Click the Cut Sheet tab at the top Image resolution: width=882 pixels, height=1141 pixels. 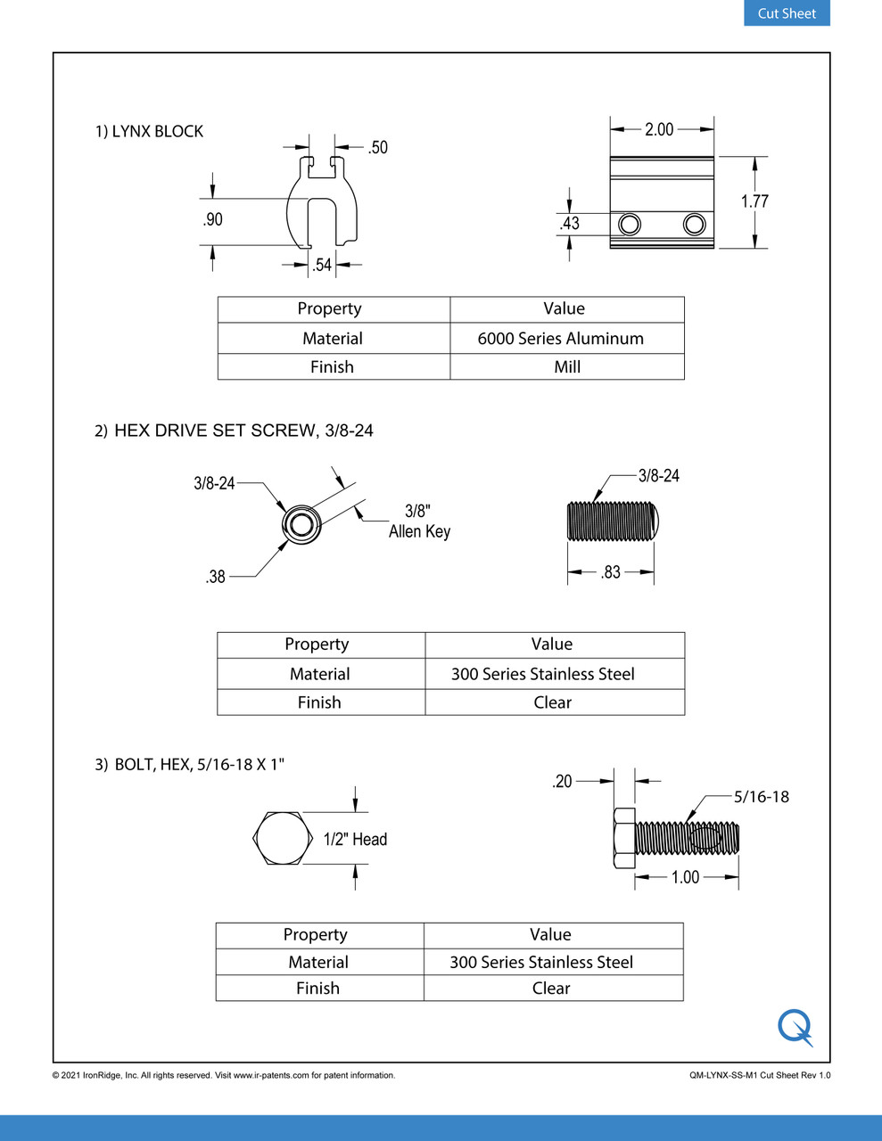[787, 13]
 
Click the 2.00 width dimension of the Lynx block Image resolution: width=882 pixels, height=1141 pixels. [659, 129]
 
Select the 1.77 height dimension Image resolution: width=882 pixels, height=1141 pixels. [754, 201]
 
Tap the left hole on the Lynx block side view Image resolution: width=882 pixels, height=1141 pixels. [630, 224]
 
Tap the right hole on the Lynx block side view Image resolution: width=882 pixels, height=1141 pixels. [694, 224]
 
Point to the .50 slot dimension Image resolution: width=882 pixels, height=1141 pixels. [378, 147]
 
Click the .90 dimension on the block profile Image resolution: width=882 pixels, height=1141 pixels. [212, 219]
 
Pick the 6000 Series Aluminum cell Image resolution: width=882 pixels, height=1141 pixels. [560, 339]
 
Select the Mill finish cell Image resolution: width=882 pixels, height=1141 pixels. [567, 367]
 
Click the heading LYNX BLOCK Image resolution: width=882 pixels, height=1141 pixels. [157, 131]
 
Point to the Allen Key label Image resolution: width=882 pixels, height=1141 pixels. [419, 531]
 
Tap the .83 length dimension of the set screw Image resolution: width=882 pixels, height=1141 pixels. [611, 572]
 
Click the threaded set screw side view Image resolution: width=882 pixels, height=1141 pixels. [612, 521]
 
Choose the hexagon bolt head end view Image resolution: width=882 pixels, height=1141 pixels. [283, 839]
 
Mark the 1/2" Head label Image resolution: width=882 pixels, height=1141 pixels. [355, 839]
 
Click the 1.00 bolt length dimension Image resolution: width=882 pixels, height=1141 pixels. [685, 877]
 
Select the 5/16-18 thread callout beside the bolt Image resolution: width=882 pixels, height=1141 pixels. [761, 797]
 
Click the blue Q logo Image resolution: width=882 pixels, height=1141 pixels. [795, 1027]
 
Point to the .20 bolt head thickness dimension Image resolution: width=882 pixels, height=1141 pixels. [562, 782]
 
